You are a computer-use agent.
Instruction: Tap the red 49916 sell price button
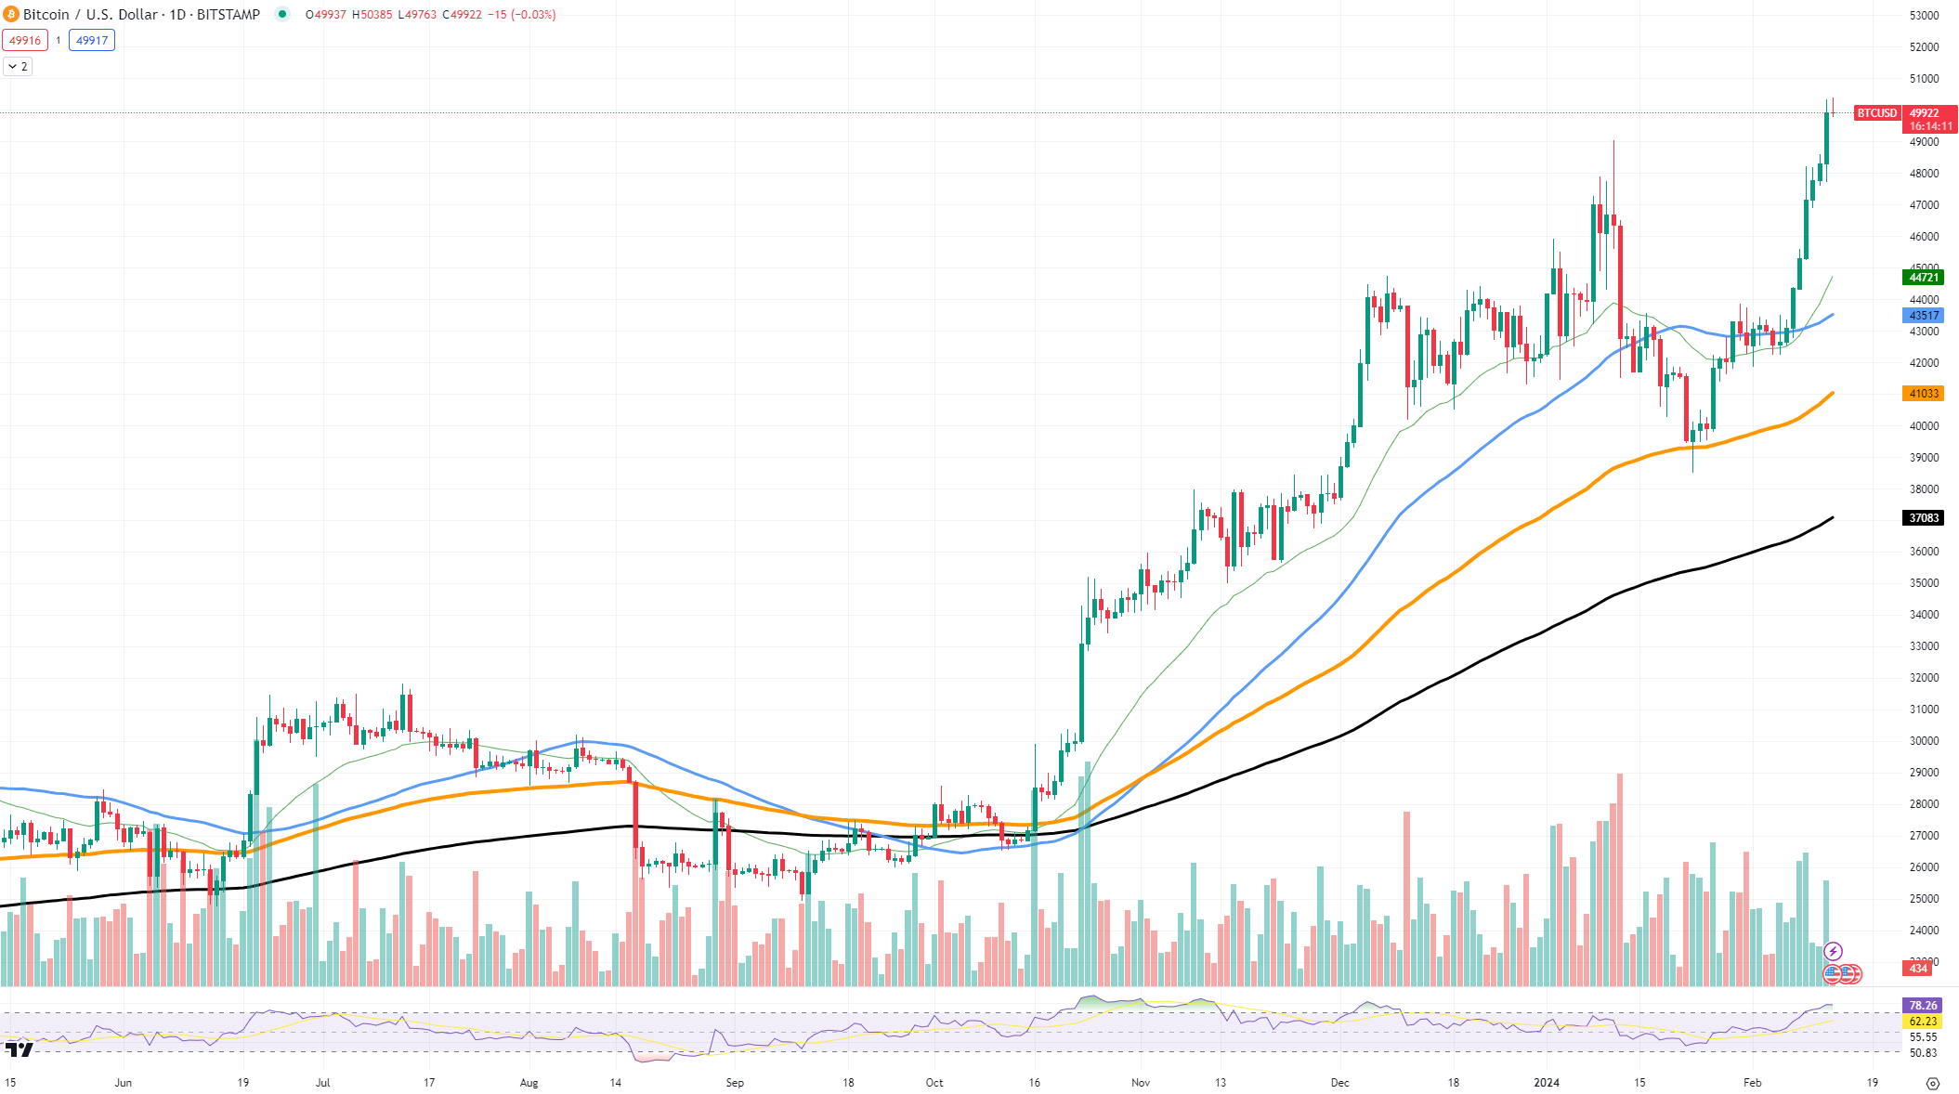pos(25,40)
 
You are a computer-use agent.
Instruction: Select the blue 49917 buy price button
pos(92,40)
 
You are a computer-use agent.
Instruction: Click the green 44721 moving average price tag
pos(1923,278)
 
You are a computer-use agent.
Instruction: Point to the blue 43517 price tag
pos(1923,316)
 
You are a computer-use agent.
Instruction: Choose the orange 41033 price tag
pos(1923,394)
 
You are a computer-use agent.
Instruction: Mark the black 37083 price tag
pos(1923,518)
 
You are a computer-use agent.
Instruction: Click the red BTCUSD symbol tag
pos(1876,113)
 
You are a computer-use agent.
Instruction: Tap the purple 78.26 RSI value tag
pos(1922,1006)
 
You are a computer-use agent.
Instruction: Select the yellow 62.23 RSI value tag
pos(1922,1022)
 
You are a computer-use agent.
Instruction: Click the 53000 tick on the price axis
pos(1924,16)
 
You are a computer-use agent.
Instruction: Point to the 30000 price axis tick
pos(1924,741)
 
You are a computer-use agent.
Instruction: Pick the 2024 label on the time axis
pos(1547,1083)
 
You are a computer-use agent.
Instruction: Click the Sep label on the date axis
pos(735,1083)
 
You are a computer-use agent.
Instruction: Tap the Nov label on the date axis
pos(1141,1083)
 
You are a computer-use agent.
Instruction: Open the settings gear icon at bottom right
pos(1933,1084)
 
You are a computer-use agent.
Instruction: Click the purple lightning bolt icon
pos(1833,951)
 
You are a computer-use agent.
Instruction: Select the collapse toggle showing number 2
pos(18,67)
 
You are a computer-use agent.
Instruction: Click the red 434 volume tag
pos(1918,969)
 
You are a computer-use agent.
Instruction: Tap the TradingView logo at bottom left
pos(19,1049)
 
